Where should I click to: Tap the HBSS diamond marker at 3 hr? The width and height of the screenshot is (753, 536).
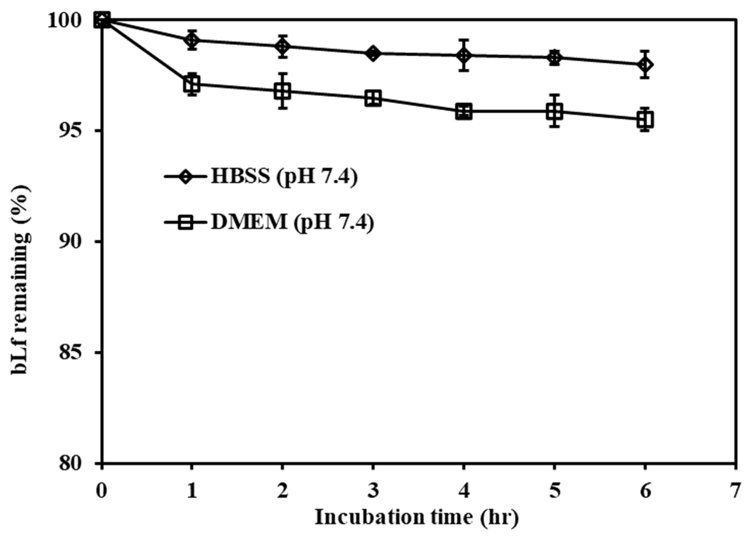coord(373,53)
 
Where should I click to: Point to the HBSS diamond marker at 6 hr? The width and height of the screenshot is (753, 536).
coord(645,64)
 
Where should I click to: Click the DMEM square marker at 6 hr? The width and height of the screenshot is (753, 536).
coord(645,120)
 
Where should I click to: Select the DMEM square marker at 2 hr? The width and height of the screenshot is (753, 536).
coord(282,91)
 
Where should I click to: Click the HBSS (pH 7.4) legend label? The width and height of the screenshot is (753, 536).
coord(284,177)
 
